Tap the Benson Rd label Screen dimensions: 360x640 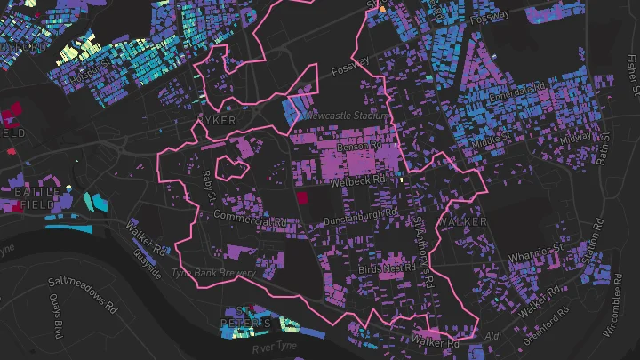coord(357,146)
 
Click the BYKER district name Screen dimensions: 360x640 coord(218,120)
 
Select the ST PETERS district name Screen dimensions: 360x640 coord(244,323)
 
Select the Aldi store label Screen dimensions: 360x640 coord(495,336)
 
